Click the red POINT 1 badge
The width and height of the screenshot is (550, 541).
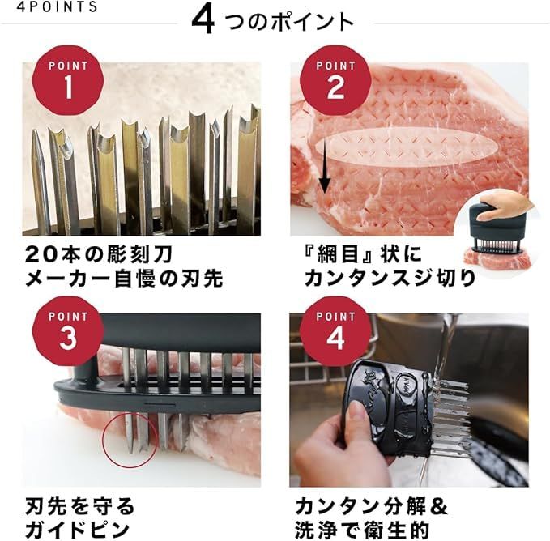coord(67,79)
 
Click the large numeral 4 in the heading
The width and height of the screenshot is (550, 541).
coord(203,22)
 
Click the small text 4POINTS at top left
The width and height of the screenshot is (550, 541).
coord(50,7)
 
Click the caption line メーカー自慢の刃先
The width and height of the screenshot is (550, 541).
coord(124,279)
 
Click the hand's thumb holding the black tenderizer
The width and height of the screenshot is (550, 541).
coord(357,420)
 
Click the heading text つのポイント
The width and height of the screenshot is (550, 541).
coord(289,22)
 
